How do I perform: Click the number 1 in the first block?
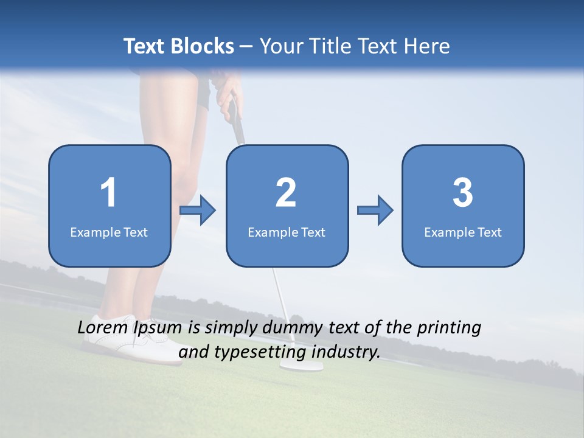tap(108, 193)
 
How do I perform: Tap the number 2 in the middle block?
tap(286, 193)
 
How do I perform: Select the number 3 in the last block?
tap(463, 193)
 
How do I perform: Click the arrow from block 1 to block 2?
tap(198, 210)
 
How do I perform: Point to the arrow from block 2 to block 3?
tap(375, 210)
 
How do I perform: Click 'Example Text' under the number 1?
tap(109, 232)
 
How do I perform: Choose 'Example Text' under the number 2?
tap(287, 232)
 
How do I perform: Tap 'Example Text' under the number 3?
tap(463, 232)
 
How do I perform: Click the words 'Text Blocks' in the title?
tap(178, 46)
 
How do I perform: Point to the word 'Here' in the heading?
tap(428, 46)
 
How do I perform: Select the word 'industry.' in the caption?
tap(347, 352)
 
